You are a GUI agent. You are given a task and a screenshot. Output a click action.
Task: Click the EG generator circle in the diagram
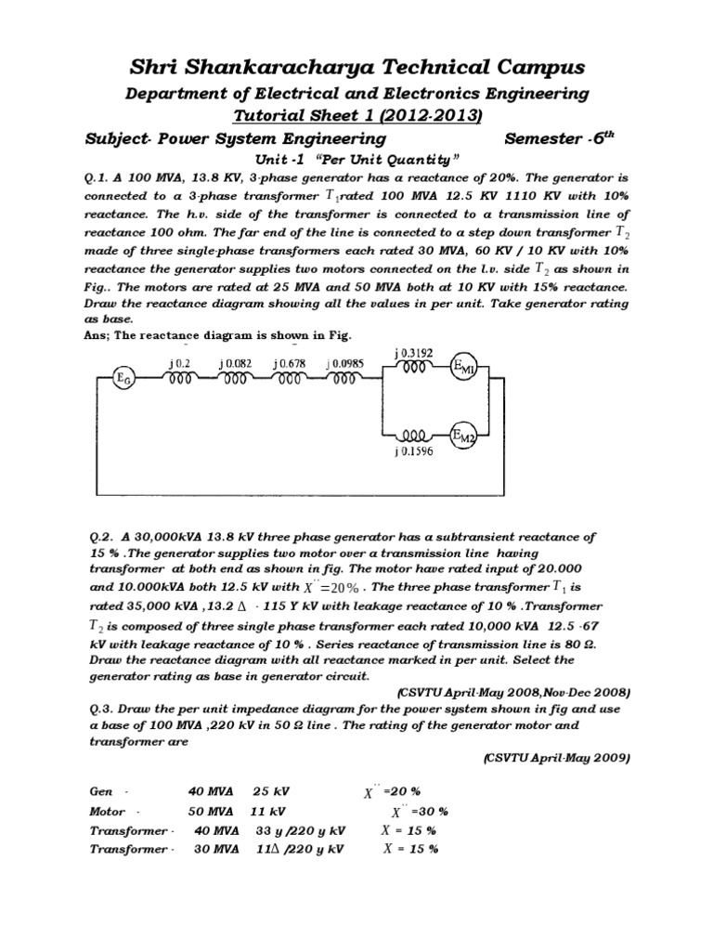click(x=122, y=377)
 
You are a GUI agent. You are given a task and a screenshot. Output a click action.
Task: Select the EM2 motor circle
click(x=463, y=435)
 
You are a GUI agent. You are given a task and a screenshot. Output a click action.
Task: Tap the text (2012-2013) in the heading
click(x=433, y=115)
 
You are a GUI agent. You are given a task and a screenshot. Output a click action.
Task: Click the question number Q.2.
click(x=100, y=537)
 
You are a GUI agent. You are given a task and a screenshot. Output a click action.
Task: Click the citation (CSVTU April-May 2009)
click(x=556, y=758)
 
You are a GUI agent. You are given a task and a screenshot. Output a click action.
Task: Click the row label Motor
click(x=110, y=811)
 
